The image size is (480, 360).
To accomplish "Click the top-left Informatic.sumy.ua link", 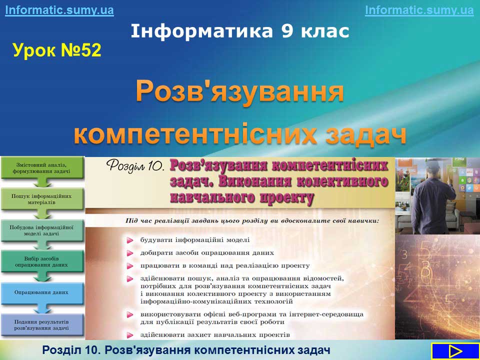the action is [x=59, y=10].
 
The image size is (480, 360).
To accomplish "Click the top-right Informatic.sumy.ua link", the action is [x=419, y=10].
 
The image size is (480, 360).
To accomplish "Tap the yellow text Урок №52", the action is [x=57, y=50].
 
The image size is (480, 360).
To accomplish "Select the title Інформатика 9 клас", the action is [x=240, y=31].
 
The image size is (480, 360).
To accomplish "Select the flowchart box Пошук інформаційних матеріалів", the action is [x=42, y=199].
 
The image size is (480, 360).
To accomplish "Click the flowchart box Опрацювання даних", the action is [x=42, y=292].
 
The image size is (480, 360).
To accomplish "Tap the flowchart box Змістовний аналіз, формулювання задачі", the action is [x=42, y=168].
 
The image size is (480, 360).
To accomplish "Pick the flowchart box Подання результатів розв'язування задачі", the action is [x=42, y=325].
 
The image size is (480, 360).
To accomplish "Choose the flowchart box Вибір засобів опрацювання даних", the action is [x=42, y=261].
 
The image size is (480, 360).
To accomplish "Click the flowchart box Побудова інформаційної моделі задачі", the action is [x=42, y=230].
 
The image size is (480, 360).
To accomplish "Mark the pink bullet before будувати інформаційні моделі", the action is [x=130, y=240].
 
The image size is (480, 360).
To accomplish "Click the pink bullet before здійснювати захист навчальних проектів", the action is [x=130, y=335].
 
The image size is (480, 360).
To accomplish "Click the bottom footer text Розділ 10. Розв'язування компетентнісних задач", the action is [x=186, y=349].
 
